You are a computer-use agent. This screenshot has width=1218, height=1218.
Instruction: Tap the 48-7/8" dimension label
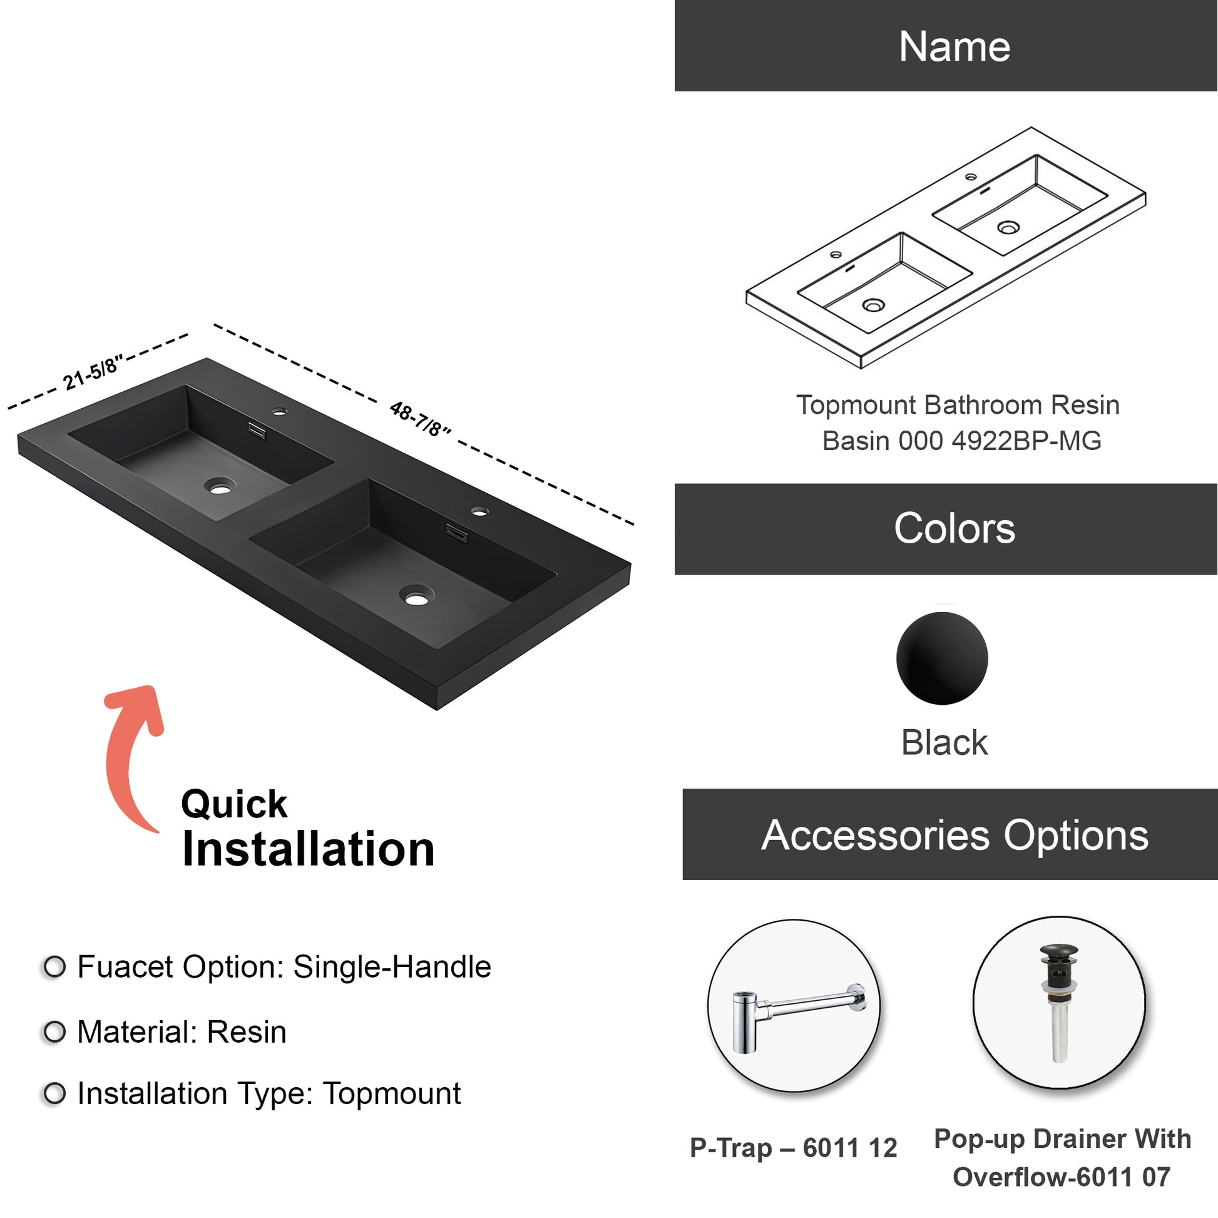421,419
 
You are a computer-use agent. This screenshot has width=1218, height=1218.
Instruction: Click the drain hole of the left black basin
220,487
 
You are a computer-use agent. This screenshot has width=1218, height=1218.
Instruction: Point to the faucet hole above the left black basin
279,412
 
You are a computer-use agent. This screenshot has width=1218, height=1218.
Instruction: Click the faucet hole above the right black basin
480,511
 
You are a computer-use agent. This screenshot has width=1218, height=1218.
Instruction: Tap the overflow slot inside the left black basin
257,431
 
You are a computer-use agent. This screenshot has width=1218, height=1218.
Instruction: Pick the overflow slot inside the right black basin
457,533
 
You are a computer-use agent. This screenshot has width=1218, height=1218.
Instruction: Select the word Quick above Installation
234,805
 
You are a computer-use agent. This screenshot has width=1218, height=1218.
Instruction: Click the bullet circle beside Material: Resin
55,1032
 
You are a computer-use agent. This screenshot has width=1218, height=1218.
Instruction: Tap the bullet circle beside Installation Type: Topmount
55,1093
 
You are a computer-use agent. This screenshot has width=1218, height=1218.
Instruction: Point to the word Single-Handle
392,967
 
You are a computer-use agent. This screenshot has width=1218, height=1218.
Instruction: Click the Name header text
954,47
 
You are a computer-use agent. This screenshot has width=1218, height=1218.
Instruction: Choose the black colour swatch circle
942,658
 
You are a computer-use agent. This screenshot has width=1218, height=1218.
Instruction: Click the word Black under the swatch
944,743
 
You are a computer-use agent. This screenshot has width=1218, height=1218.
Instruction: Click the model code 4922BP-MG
1026,441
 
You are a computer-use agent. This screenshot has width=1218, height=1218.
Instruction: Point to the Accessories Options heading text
955,836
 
